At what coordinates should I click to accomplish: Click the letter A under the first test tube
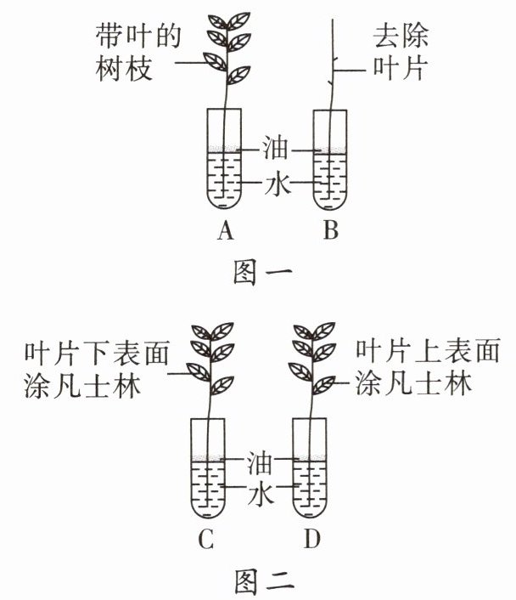click(x=225, y=230)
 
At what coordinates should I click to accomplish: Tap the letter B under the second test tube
click(x=330, y=230)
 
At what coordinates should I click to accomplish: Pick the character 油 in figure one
click(x=276, y=151)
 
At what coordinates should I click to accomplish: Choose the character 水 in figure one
click(x=276, y=184)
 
